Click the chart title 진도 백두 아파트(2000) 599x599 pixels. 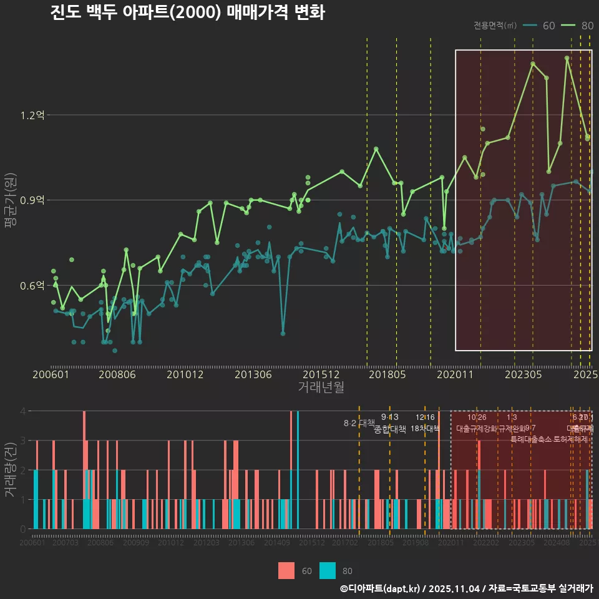(x=187, y=12)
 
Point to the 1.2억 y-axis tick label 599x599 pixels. (x=32, y=115)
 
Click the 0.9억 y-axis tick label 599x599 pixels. (x=32, y=200)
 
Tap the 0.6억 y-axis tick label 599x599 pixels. (x=32, y=285)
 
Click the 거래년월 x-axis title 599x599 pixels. (x=321, y=387)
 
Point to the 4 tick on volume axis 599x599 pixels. (x=23, y=411)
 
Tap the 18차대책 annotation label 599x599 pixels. (x=425, y=428)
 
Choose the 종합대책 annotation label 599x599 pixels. (x=390, y=429)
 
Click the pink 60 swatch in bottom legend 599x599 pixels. (x=286, y=570)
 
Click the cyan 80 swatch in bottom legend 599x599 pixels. (x=328, y=570)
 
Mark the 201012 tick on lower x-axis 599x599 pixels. (x=171, y=543)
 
